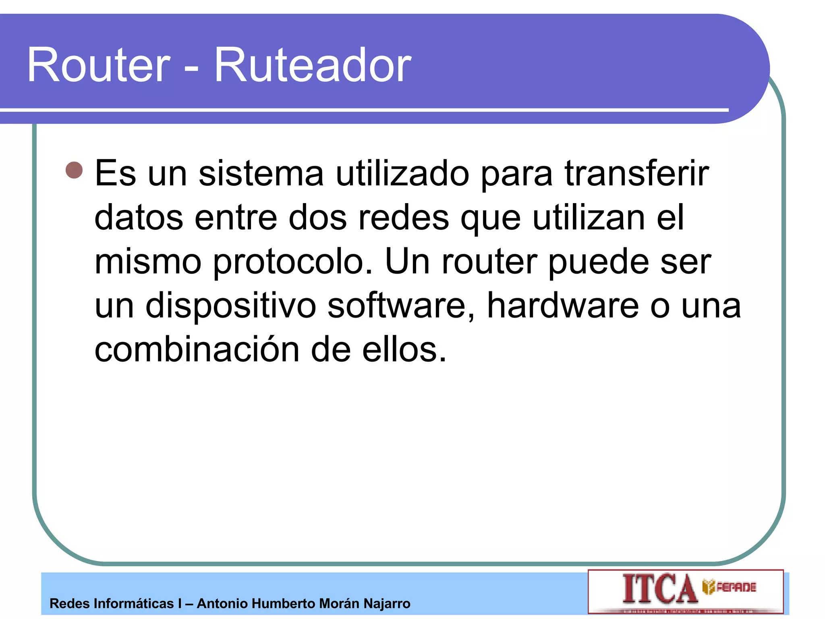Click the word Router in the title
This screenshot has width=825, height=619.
coord(99,65)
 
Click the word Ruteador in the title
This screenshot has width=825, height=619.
coord(313,65)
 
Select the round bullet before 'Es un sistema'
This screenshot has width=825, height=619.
coord(74,170)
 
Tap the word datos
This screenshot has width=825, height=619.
coord(139,218)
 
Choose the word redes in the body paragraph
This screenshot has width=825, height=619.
coord(404,218)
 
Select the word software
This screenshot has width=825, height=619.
coord(401,305)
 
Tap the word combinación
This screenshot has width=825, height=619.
coord(197,349)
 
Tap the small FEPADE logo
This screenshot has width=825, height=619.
coord(730,587)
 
